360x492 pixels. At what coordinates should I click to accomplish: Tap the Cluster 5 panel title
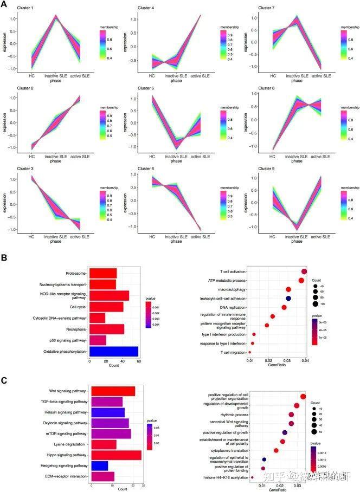pos(147,88)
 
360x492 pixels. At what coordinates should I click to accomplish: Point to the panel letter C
pos(4,381)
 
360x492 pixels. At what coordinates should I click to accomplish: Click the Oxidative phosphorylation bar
pos(114,352)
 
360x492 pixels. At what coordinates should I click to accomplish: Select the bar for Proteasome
pos(103,273)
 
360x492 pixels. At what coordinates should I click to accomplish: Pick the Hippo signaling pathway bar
pos(116,455)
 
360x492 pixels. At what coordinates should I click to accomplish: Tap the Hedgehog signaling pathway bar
pos(99,465)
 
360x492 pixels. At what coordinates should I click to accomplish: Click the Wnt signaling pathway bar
pos(113,391)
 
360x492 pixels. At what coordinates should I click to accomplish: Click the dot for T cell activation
pos(304,271)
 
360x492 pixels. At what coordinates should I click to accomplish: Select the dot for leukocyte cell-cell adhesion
pos(288,299)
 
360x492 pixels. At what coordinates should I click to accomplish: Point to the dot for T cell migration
pos(249,352)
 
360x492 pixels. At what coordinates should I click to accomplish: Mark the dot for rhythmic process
pos(292,415)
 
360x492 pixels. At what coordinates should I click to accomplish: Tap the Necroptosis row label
pos(73,329)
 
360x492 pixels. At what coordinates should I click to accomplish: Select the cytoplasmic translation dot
pos(276,450)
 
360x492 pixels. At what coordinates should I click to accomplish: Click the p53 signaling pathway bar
pos(98,340)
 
